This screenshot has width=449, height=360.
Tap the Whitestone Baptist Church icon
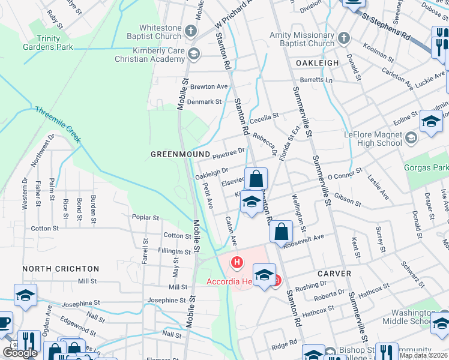191,31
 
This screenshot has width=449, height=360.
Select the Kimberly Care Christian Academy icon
193,55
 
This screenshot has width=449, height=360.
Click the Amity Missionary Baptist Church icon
344,39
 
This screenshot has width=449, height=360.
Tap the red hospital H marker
238,262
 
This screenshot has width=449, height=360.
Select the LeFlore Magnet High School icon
411,139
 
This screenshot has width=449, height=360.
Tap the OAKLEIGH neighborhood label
318,62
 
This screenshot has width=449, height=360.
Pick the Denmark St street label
205,102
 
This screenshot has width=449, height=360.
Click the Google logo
19,353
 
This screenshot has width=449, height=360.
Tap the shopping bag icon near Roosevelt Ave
281,232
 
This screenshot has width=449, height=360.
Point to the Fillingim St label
174,252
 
